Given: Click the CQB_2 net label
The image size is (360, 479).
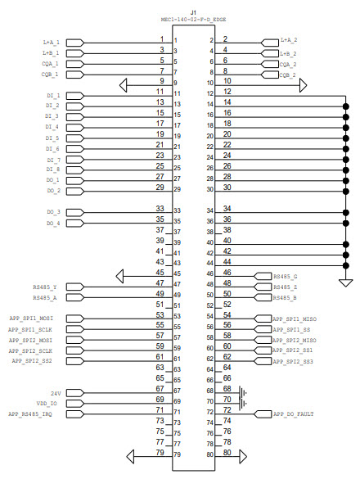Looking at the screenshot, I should (287, 75).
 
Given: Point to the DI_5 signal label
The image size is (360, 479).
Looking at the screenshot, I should (52, 138).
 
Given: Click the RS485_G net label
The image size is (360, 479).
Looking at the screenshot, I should (286, 276).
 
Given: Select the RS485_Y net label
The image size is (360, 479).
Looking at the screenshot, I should (44, 287).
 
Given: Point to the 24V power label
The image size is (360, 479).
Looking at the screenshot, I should (56, 393).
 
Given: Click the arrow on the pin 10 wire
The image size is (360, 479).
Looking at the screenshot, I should (303, 84).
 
